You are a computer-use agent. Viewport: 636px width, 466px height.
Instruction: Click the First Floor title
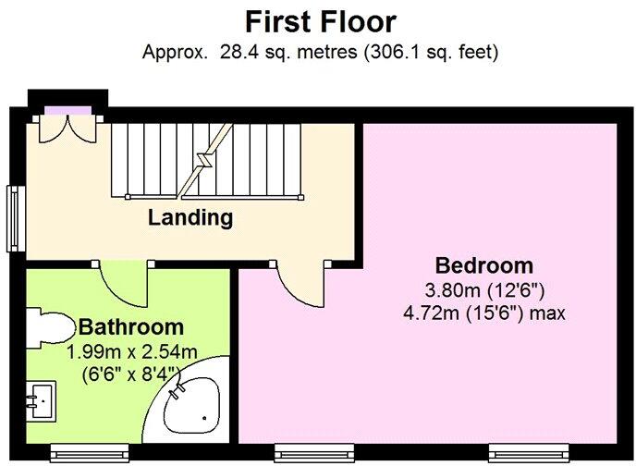320,21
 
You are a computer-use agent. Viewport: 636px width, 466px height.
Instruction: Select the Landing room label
190,219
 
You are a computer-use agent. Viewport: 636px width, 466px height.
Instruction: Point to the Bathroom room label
130,326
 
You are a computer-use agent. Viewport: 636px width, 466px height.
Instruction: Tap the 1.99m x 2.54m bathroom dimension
131,351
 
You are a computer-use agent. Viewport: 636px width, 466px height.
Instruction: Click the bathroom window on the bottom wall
89,450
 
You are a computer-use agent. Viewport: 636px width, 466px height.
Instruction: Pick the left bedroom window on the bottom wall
315,450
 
